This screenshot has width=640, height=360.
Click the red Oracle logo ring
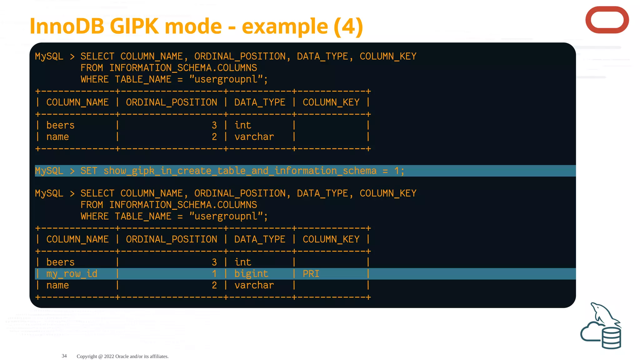607,20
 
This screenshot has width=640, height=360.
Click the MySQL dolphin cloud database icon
601,327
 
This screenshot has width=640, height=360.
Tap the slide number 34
64,356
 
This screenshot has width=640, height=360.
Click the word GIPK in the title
134,26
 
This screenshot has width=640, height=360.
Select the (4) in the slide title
348,26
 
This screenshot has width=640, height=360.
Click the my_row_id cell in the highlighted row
72,274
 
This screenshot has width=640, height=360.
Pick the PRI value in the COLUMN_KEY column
311,274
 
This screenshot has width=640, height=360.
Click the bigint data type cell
251,274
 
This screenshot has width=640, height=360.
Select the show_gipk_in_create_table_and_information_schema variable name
240,171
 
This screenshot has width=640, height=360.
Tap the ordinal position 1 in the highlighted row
214,274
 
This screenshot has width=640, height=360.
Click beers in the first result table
60,125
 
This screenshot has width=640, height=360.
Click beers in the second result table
60,262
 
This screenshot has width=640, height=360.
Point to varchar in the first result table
254,137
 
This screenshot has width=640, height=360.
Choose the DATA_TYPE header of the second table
259,239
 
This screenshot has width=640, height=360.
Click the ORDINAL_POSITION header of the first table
171,102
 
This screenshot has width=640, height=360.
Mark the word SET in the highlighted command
89,171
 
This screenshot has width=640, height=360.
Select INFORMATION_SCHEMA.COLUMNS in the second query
183,205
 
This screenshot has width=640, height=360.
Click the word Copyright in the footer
87,356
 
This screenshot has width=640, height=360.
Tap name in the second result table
57,285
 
